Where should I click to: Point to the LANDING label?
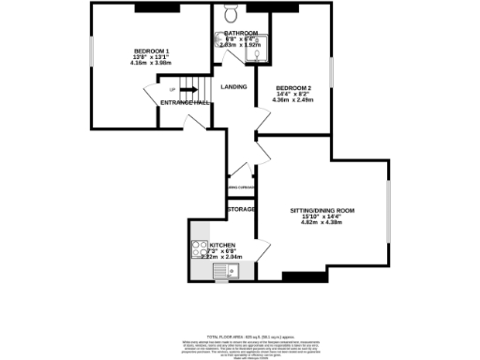[233, 87]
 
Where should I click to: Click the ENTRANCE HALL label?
[185, 101]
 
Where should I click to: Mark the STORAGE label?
[242, 208]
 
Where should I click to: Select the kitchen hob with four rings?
[200, 248]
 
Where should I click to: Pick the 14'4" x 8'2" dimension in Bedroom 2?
[293, 95]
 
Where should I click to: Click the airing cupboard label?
[242, 187]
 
